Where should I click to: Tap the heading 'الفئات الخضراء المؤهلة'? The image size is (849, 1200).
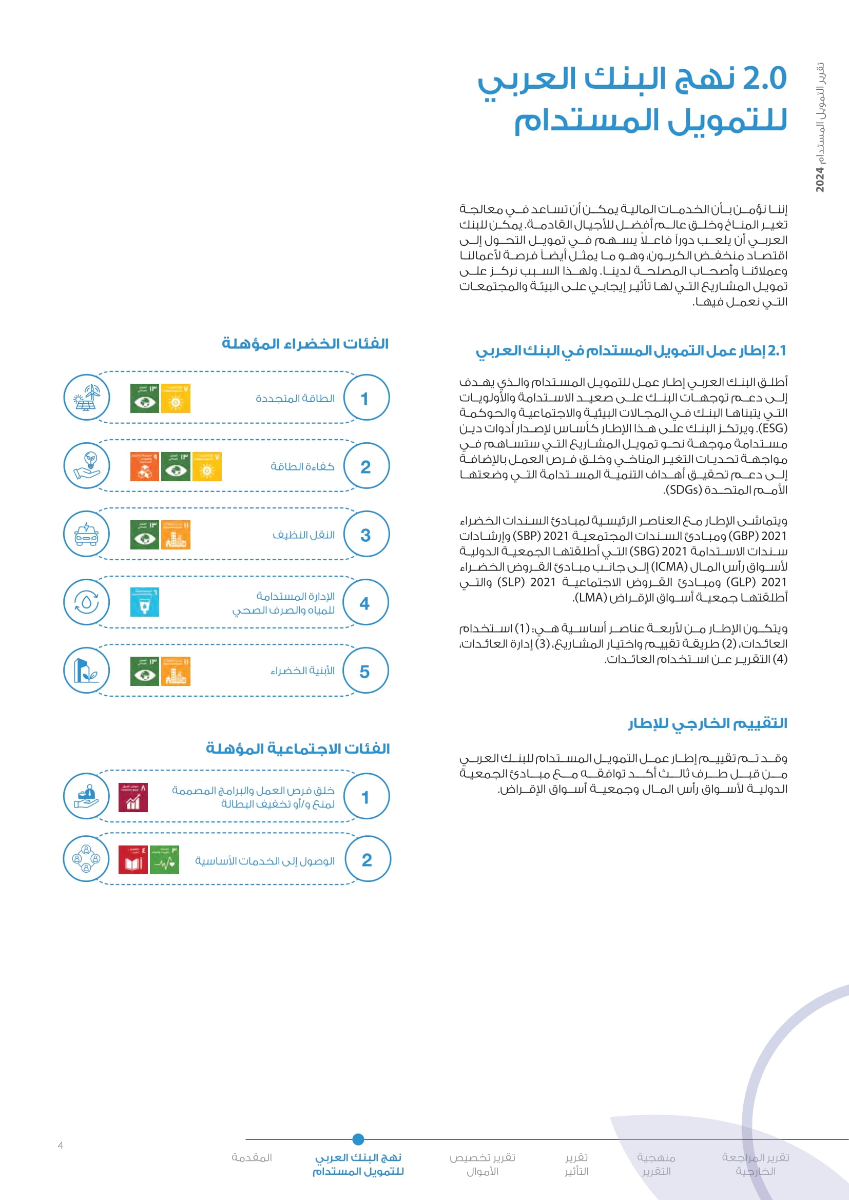pos(305,344)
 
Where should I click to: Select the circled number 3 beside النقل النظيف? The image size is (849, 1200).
pos(366,535)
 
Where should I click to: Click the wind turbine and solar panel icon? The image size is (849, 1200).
pos(87,397)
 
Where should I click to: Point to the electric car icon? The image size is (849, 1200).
pos(87,534)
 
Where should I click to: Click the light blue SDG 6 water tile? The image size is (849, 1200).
pos(144,602)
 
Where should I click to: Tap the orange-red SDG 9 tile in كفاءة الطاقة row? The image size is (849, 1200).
pos(144,466)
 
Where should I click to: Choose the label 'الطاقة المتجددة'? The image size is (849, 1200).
pos(295,398)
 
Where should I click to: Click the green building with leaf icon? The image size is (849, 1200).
pos(87,671)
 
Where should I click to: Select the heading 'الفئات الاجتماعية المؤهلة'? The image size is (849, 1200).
pos(298,749)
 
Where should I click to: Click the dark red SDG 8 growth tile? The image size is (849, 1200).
pos(133,797)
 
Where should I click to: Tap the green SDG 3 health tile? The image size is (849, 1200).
pos(165,860)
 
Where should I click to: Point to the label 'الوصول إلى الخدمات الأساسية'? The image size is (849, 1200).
pos(264,861)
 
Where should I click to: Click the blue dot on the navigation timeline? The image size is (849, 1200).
pos(358,1139)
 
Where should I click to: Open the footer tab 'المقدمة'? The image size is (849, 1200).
pos(252,1157)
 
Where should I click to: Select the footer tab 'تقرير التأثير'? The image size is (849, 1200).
pos(576,1165)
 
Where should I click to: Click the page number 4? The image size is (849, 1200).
pos(61,1146)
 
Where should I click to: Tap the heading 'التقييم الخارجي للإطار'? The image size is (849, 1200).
pos(708,723)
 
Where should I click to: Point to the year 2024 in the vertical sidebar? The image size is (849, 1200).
pos(820,180)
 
